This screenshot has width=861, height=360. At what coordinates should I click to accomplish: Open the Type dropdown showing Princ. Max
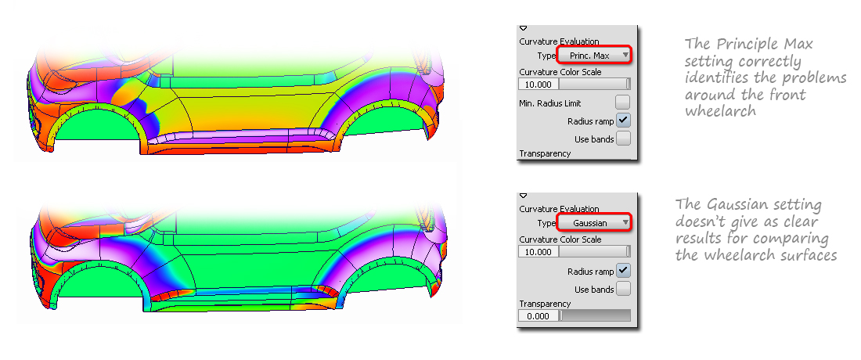tap(595, 55)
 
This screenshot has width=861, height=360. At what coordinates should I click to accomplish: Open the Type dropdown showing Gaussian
tap(595, 223)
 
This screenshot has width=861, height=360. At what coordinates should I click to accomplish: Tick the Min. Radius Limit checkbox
tap(623, 103)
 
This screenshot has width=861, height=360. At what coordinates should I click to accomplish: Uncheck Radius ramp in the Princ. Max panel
tap(623, 121)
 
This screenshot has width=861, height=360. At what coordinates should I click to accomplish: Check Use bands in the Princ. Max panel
tap(623, 139)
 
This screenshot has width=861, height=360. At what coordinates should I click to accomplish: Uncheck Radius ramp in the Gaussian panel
tap(623, 271)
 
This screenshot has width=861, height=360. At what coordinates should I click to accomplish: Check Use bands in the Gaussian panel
tap(623, 289)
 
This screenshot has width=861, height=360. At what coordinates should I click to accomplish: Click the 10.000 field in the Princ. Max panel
tap(539, 84)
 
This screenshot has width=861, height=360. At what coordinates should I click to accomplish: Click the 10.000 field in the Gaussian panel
tap(539, 252)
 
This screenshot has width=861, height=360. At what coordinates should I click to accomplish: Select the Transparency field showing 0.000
tap(539, 315)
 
